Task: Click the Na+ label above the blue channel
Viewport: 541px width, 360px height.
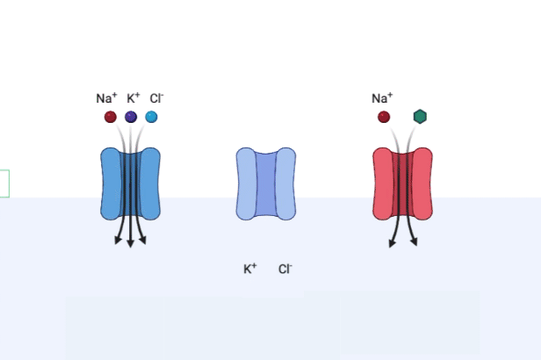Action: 106,98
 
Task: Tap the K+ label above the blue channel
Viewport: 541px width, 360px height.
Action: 133,98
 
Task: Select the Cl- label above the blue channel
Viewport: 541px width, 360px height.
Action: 156,98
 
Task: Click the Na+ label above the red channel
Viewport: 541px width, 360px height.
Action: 382,98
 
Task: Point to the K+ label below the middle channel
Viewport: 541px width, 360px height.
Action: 250,269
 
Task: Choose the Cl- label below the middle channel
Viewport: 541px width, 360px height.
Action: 285,269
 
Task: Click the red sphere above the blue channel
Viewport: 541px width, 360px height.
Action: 111,117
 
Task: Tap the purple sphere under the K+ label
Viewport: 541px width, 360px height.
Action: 131,117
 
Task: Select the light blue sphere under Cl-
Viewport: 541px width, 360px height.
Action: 151,117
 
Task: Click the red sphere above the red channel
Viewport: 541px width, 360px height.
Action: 384,117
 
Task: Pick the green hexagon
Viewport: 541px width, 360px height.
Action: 420,117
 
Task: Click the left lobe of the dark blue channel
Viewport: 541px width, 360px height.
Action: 112,184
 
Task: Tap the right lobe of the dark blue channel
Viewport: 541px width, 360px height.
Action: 149,184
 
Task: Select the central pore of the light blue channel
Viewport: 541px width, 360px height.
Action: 266,184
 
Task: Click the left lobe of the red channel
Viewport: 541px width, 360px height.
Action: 384,184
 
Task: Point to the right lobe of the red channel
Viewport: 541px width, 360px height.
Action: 422,184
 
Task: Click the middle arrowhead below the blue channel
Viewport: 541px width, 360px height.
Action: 130,243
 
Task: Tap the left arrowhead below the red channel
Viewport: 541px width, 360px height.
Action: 392,242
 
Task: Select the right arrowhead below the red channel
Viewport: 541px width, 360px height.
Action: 414,241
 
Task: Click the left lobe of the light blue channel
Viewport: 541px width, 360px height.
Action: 247,184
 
